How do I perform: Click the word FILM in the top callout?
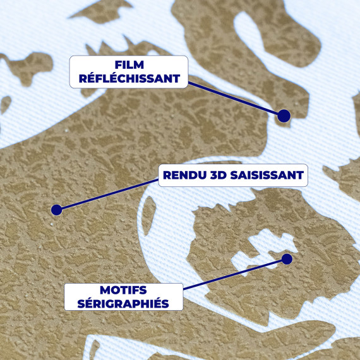click(129, 65)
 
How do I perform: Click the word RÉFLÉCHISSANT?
click(129, 78)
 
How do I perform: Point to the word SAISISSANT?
click(267, 175)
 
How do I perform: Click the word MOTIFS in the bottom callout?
click(123, 290)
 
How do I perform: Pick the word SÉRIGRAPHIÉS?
click(123, 304)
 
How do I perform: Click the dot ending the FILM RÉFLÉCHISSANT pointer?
click(284, 116)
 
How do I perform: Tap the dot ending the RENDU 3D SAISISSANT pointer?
click(56, 210)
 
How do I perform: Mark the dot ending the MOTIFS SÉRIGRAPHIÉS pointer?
click(287, 259)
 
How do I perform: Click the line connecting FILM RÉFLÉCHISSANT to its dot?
click(234, 98)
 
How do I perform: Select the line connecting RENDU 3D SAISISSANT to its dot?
click(110, 195)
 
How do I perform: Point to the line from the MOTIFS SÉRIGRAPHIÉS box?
click(234, 274)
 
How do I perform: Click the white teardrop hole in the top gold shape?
click(249, 32)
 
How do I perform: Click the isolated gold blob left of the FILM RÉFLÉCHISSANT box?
click(28, 66)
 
